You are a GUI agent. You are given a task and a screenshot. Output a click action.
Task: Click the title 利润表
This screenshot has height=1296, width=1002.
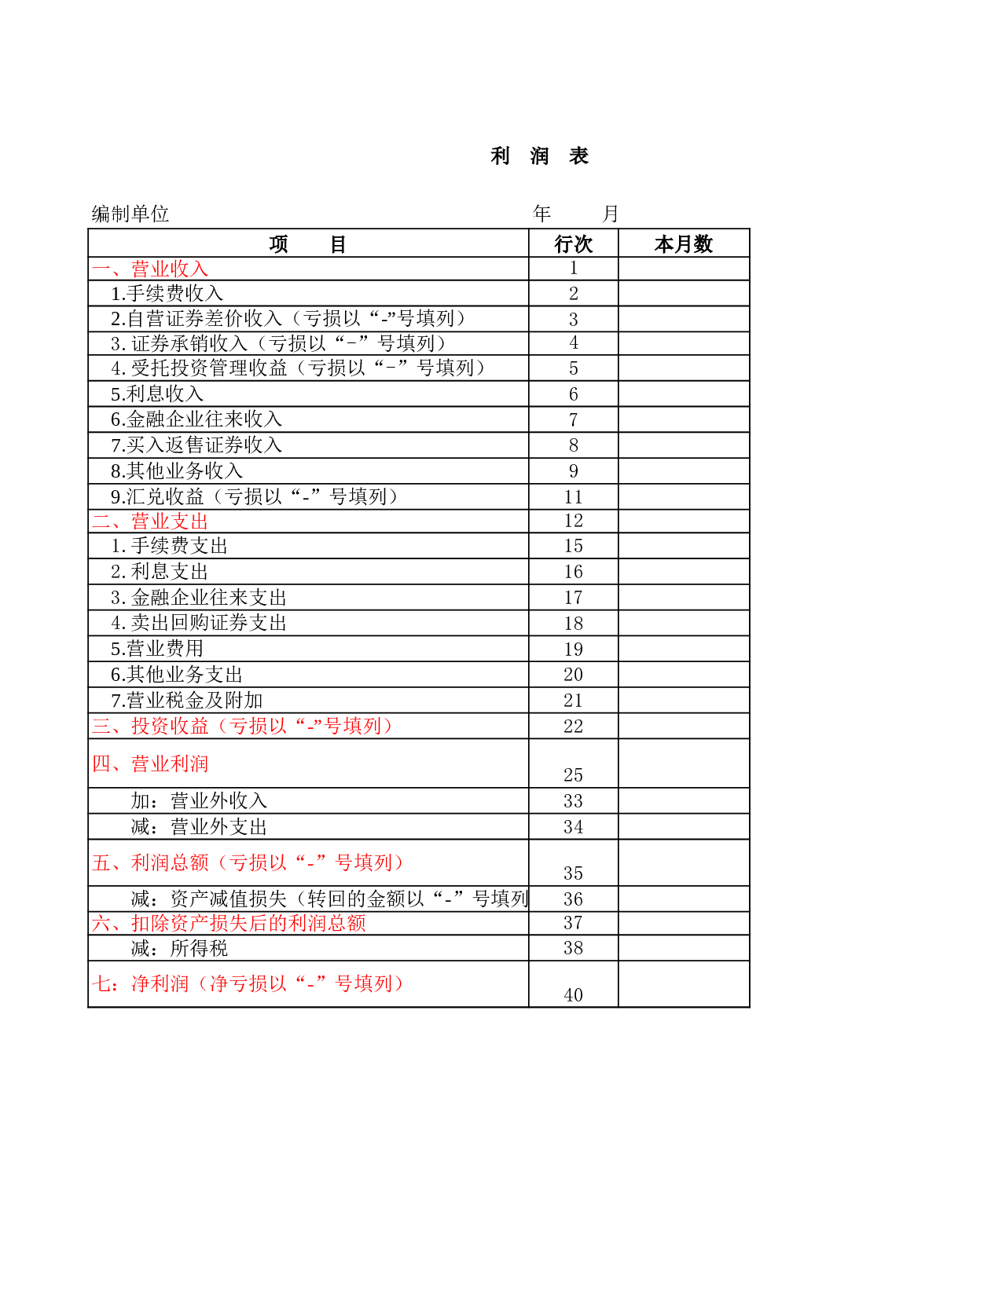click(539, 156)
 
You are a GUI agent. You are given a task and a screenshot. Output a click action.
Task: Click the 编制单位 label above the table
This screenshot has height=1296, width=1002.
click(130, 214)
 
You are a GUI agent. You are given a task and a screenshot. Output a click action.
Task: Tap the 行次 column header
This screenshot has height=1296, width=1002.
click(573, 244)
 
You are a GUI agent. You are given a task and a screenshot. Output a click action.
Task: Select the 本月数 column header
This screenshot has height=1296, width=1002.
click(683, 244)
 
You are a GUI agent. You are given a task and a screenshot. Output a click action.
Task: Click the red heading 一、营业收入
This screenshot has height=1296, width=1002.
click(150, 269)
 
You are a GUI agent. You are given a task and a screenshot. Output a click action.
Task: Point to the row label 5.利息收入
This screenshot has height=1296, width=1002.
click(157, 394)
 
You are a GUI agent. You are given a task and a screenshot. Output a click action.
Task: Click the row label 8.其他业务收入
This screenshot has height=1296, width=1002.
click(177, 470)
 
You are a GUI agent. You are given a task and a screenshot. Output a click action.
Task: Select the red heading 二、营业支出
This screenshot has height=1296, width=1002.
click(150, 522)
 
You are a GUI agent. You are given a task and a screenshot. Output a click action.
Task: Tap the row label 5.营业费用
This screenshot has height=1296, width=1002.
click(157, 648)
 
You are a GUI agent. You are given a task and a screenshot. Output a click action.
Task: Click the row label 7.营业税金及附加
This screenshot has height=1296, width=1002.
click(187, 700)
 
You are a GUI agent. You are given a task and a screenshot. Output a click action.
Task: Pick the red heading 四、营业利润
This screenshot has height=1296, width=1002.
click(150, 763)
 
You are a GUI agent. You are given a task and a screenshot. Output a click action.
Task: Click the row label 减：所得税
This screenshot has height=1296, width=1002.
click(179, 948)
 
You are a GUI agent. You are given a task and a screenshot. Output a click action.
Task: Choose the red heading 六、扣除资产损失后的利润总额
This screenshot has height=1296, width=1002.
click(229, 923)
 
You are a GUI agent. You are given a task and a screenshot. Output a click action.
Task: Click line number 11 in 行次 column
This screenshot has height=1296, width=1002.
click(573, 497)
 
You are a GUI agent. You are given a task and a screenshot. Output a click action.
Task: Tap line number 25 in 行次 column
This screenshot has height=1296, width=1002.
click(573, 774)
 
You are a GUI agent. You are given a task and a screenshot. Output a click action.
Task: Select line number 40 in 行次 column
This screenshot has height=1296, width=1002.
click(573, 995)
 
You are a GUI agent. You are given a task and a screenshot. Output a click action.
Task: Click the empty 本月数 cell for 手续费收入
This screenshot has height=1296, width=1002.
click(684, 294)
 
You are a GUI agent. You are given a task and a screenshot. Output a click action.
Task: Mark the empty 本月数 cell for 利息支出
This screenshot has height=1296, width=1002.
click(684, 571)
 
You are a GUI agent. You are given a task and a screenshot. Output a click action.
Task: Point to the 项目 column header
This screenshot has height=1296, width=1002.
click(307, 244)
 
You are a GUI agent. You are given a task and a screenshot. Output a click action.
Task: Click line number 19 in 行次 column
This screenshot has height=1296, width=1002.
click(573, 649)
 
